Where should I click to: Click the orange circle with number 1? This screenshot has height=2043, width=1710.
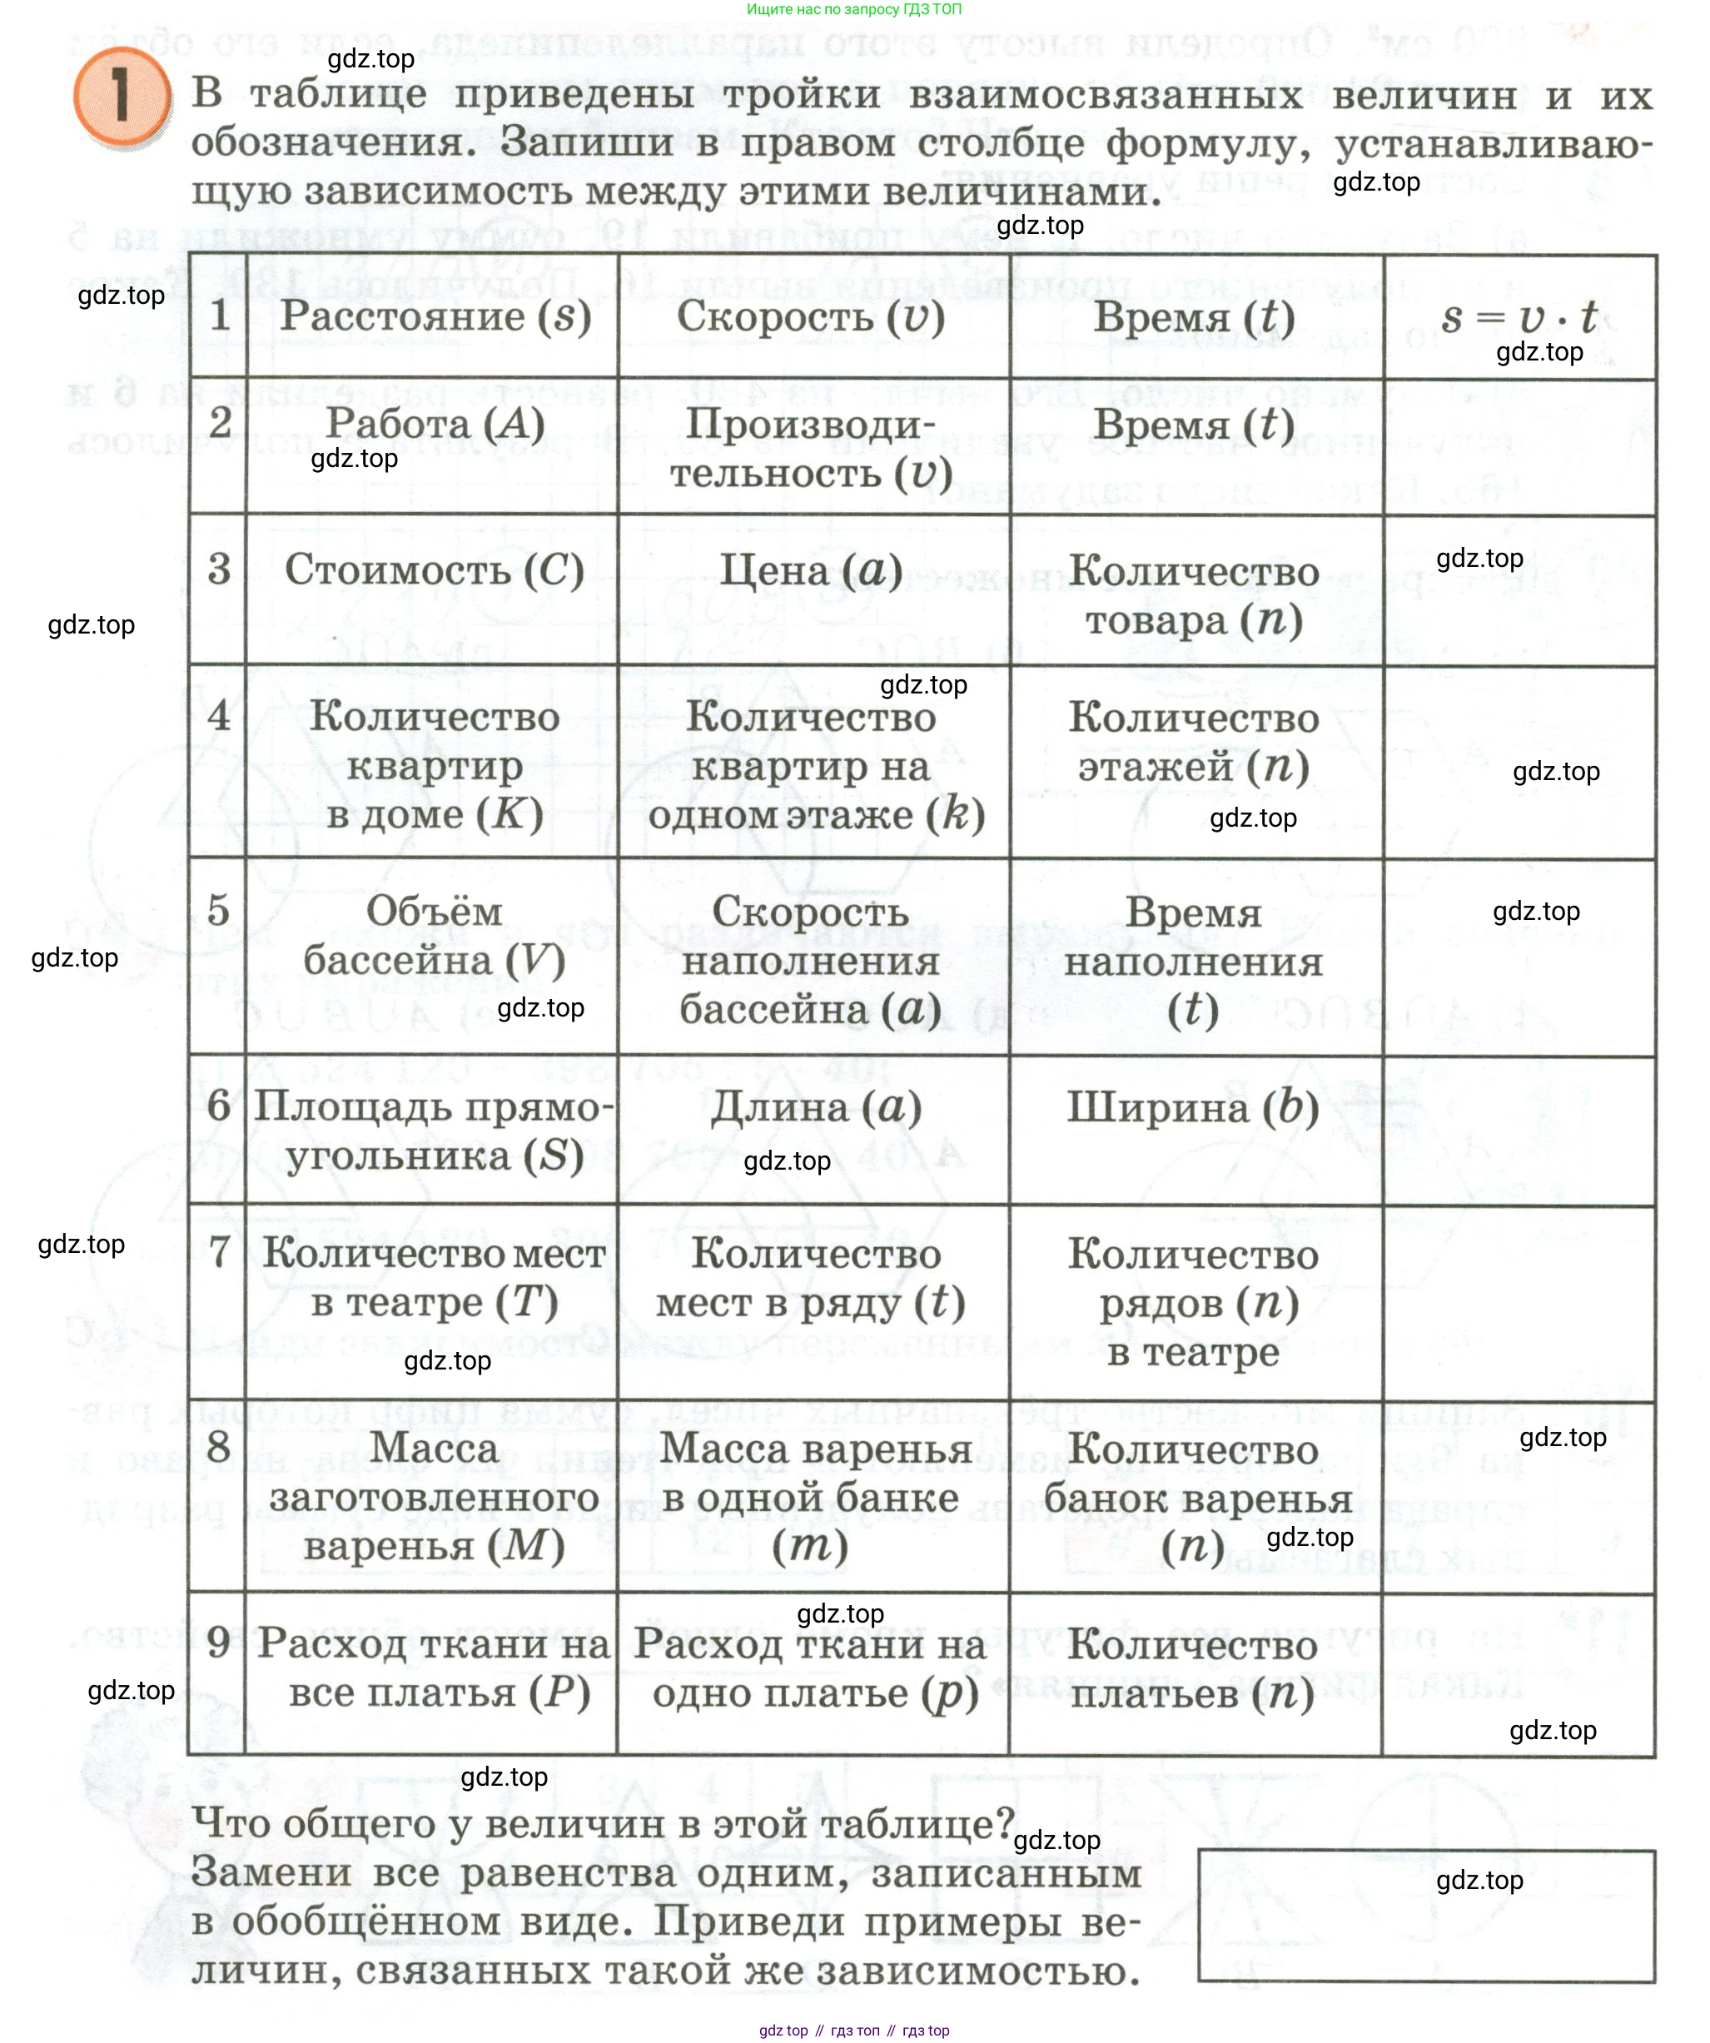(121, 97)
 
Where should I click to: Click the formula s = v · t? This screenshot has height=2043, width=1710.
(1519, 317)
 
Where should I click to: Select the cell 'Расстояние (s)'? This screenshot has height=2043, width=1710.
(435, 316)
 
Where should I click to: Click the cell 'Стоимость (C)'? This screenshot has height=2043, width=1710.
(434, 570)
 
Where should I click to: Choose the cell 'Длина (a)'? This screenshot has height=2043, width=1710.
(815, 1107)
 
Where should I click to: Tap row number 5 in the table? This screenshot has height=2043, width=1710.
(218, 911)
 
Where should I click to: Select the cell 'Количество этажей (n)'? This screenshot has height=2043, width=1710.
(1194, 743)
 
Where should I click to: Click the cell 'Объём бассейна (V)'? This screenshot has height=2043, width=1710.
(434, 936)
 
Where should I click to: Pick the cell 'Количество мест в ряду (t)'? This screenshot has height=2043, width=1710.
(813, 1279)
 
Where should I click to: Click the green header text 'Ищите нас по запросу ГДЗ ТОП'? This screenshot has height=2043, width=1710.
(854, 10)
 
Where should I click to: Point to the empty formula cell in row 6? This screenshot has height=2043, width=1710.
(1519, 1131)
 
